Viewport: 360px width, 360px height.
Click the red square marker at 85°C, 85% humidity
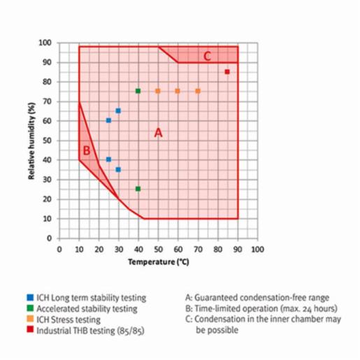[227, 72]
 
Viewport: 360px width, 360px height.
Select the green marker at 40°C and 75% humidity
[138, 91]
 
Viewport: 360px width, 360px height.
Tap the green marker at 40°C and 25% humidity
[138, 189]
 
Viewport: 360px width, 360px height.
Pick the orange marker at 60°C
[178, 91]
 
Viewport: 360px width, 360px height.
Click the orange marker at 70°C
[198, 91]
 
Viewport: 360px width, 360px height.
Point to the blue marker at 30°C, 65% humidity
[118, 110]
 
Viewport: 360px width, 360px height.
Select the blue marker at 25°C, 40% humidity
[108, 159]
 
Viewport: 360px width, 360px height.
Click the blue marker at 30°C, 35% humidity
[118, 169]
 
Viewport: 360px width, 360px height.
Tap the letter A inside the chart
[158, 132]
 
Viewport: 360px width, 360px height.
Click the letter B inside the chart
[87, 150]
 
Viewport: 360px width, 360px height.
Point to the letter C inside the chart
[207, 56]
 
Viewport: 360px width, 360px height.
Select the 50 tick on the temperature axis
[158, 249]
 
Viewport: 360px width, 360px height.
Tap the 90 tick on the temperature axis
[238, 249]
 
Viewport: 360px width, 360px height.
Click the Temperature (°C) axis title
[159, 262]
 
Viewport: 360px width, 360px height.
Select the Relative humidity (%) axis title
[32, 141]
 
